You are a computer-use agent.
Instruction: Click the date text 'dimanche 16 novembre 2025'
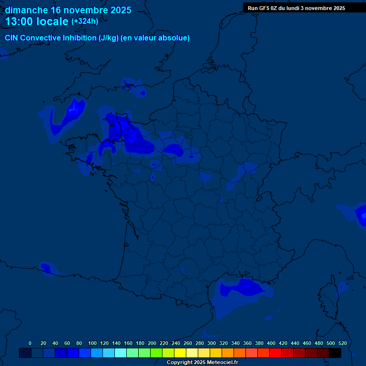coord(68,10)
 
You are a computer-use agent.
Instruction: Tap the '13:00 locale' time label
coord(37,21)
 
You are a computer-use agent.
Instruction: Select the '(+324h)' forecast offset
coord(85,21)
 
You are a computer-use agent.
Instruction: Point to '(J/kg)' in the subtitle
coord(108,38)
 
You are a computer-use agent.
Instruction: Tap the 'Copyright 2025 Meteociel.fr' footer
coord(202,363)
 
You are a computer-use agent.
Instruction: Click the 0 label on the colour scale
coord(30,343)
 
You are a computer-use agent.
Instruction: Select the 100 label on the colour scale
coord(92,343)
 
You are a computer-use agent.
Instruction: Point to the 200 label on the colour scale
coord(152,343)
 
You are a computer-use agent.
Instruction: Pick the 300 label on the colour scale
coord(212,343)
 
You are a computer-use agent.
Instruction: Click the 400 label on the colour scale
coord(271,343)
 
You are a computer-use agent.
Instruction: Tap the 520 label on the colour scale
coord(342,343)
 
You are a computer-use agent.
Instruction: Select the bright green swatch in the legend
coord(156,353)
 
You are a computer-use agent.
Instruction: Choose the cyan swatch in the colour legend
coord(121,353)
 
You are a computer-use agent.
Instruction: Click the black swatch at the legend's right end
coord(335,353)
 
